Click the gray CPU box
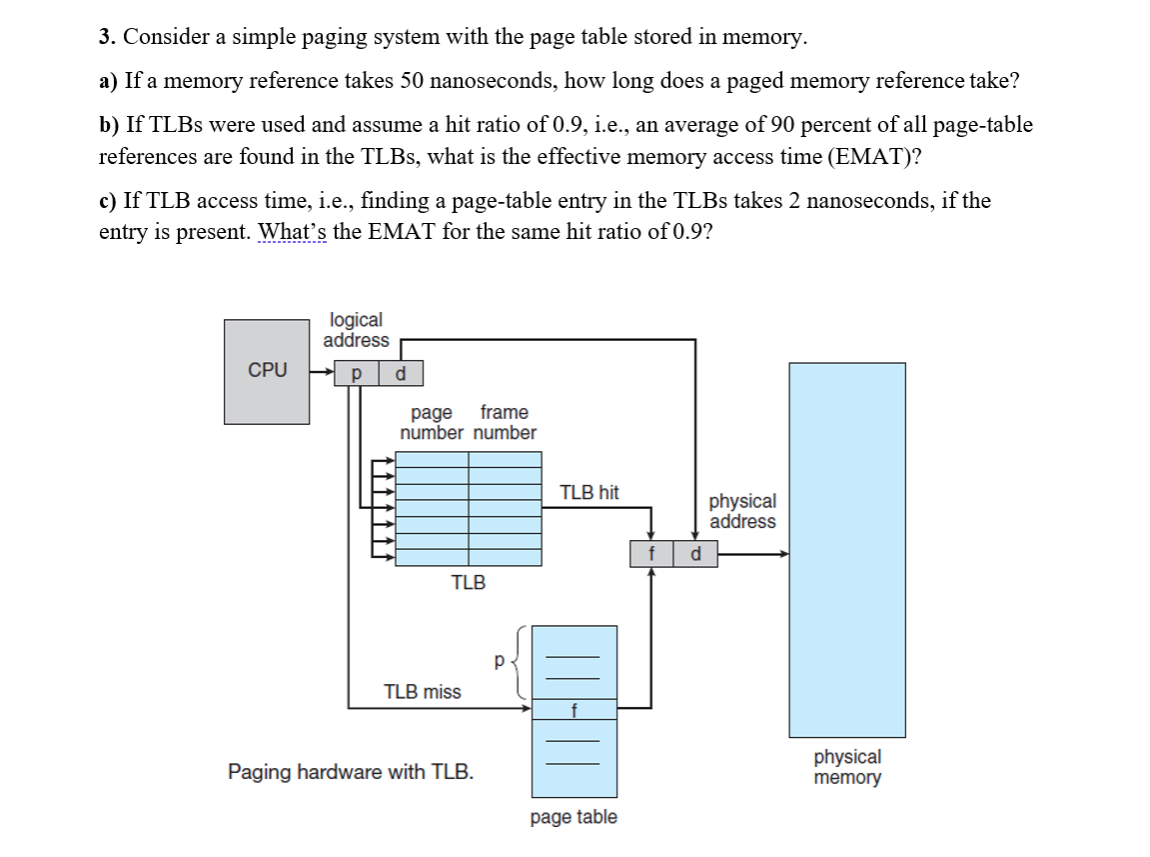(x=267, y=371)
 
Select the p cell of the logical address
(x=356, y=374)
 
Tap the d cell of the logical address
(x=401, y=374)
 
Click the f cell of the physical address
(x=651, y=554)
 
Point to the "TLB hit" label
(x=588, y=492)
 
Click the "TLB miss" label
(x=423, y=691)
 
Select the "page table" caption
(x=574, y=817)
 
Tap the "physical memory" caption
(x=847, y=767)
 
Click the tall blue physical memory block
(x=847, y=549)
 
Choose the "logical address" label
(x=356, y=330)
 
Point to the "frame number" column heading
(x=505, y=422)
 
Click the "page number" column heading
(x=432, y=422)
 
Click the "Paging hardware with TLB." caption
(x=351, y=772)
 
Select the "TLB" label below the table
(x=469, y=582)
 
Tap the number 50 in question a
(x=413, y=81)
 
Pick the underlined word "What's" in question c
(x=292, y=232)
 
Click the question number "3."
(x=107, y=38)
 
